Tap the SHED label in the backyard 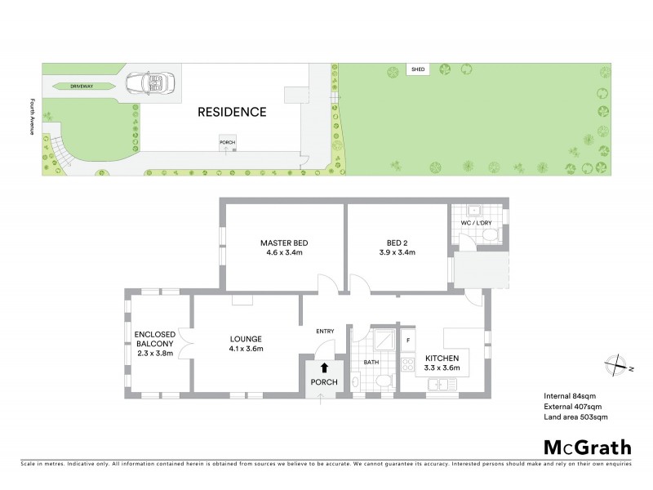pyautogui.click(x=418, y=69)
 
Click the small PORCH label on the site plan pyautogui.click(x=227, y=141)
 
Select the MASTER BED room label pyautogui.click(x=284, y=243)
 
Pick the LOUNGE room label pyautogui.click(x=246, y=340)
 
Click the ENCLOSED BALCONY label pyautogui.click(x=153, y=339)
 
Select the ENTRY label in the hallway pyautogui.click(x=326, y=331)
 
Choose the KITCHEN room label pyautogui.click(x=441, y=359)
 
